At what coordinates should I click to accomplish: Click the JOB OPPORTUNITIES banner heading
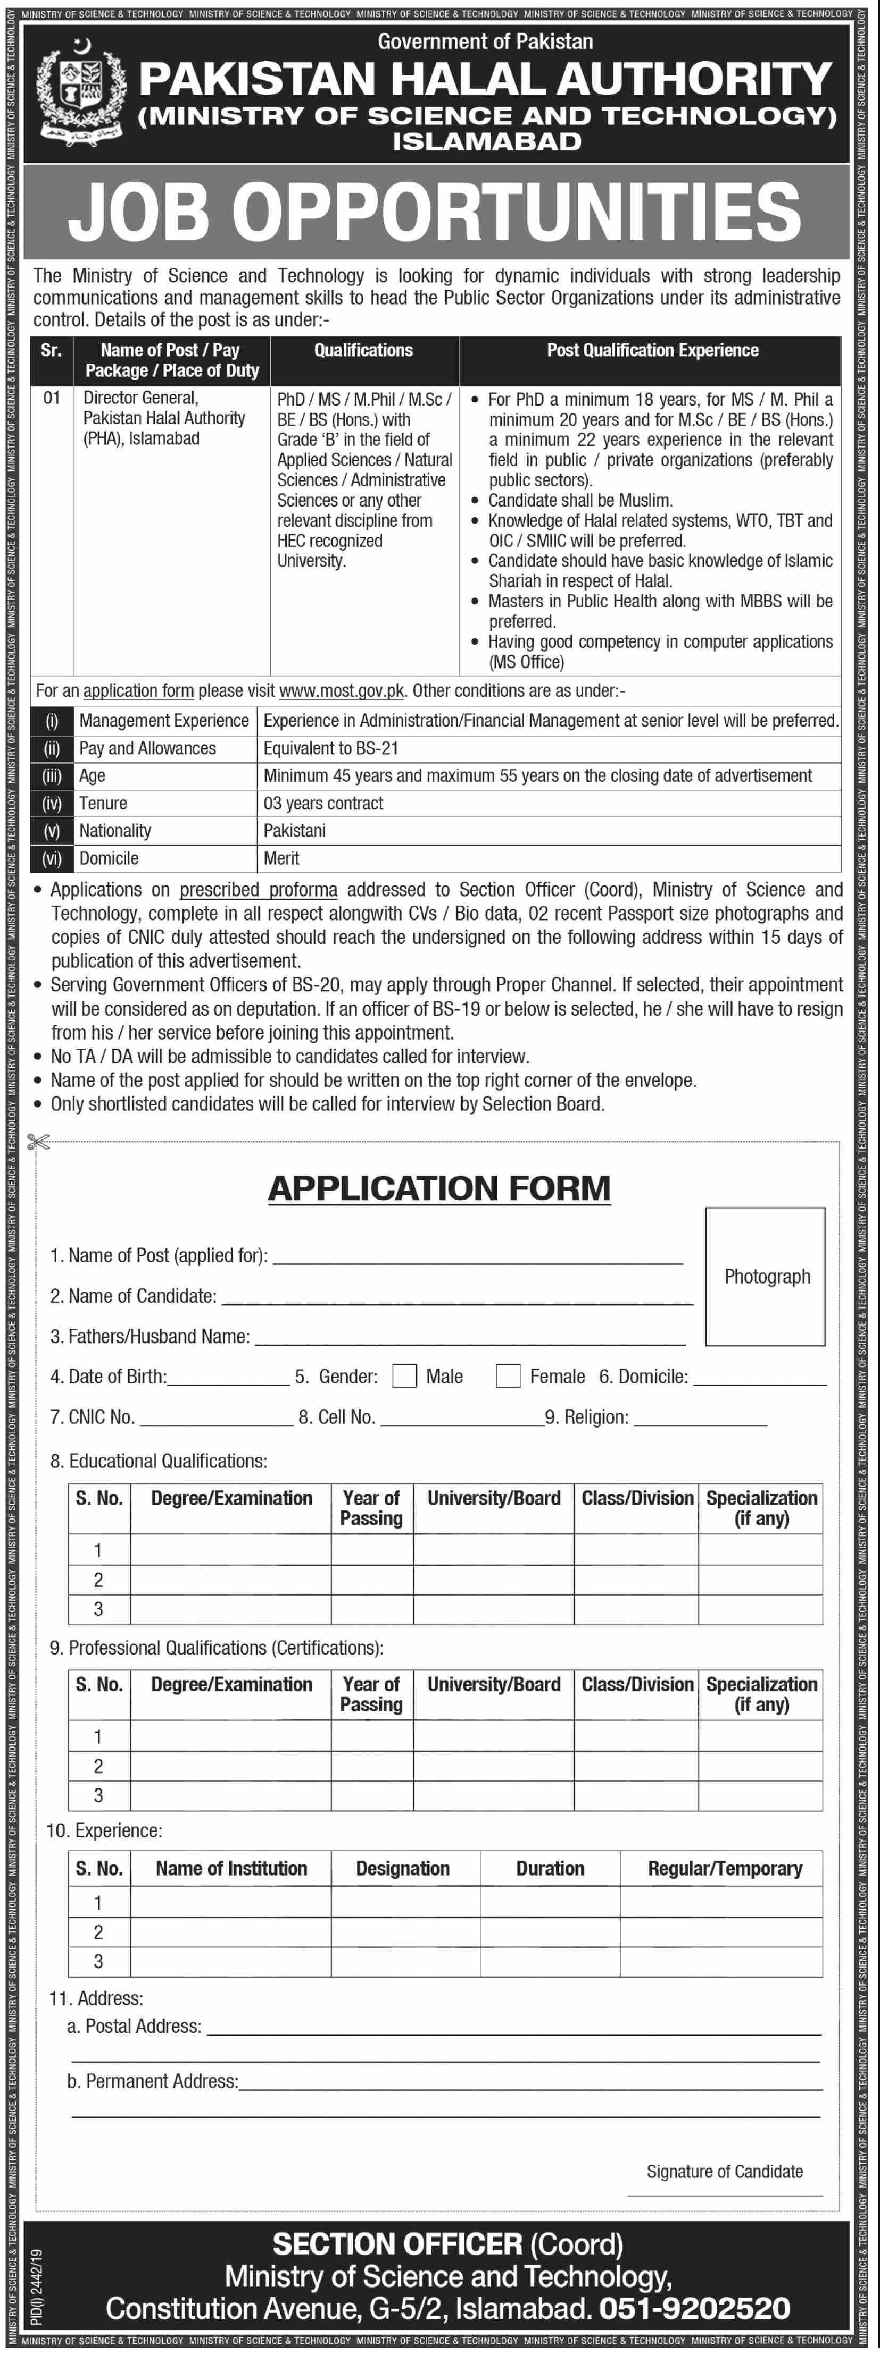coord(435,211)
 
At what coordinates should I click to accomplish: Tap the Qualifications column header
coord(363,350)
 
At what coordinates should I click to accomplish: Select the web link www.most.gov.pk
coord(341,691)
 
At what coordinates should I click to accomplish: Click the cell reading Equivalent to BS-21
coord(331,748)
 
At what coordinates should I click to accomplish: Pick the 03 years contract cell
coord(323,803)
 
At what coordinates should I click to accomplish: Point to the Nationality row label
coord(115,830)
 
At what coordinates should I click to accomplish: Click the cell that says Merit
coord(282,857)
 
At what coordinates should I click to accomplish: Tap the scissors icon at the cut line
coord(38,1142)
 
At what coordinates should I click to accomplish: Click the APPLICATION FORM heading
coord(439,1187)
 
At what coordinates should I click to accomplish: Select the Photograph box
coord(766,1276)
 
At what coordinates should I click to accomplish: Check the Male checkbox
coord(404,1376)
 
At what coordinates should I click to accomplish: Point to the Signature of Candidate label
coord(725,2171)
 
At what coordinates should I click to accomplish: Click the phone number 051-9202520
coord(694,2308)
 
